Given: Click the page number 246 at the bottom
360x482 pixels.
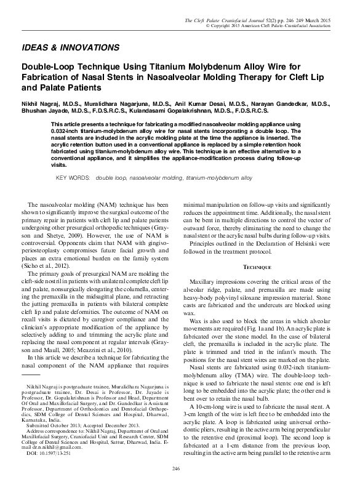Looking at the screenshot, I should (x=180, y=470).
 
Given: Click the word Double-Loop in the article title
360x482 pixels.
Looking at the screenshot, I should (x=46, y=66).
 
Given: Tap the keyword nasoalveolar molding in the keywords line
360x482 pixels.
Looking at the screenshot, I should (x=153, y=177).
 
